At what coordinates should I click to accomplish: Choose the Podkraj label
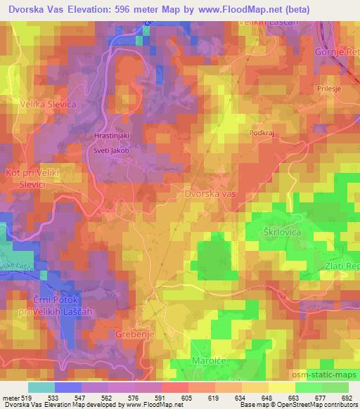coord(262,131)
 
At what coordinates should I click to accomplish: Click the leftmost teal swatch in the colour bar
coord(41,387)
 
